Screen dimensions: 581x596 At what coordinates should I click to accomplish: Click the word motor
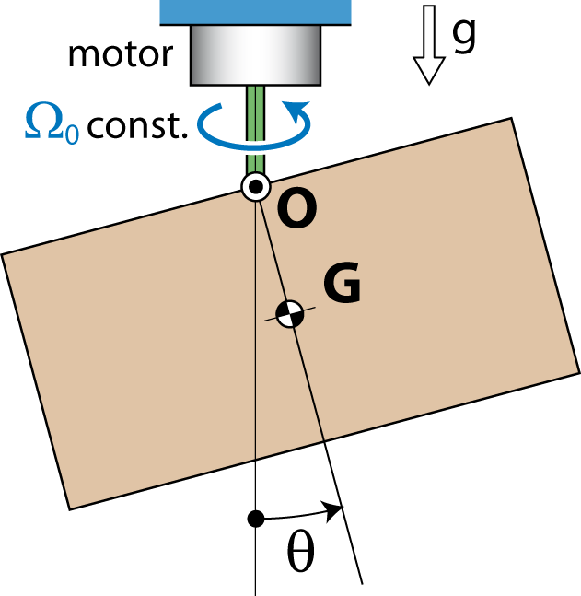point(121,55)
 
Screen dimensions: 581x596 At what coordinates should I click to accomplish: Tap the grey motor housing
point(255,55)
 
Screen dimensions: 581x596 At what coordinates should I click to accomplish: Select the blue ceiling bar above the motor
point(255,12)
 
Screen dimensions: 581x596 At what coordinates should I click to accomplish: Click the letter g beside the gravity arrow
point(464,35)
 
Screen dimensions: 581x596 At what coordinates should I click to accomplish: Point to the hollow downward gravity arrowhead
point(429,70)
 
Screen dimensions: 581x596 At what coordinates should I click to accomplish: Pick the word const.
point(137,124)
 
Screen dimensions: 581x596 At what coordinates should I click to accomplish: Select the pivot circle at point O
point(256,187)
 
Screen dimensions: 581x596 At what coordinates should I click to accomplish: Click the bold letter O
point(297,208)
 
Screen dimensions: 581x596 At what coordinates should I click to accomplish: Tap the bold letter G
point(342,282)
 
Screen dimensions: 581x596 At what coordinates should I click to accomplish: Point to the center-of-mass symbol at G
point(290,314)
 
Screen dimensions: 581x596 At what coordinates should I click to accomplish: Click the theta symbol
point(301,552)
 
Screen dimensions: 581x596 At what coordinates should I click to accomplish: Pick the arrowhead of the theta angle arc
point(333,510)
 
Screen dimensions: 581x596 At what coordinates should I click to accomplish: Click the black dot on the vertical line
point(256,519)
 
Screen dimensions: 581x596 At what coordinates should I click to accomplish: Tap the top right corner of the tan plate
point(511,118)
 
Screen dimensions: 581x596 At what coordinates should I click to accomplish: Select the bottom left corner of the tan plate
point(70,509)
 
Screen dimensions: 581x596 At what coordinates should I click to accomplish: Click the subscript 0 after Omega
point(73,135)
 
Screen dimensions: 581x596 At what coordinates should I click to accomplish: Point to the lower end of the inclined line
point(362,584)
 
